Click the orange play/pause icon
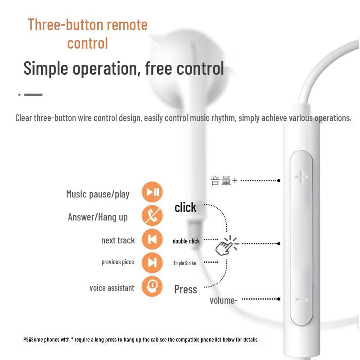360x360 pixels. click(152, 193)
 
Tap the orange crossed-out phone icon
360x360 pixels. click(152, 216)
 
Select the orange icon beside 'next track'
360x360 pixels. click(152, 239)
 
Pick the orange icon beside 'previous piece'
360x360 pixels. click(152, 262)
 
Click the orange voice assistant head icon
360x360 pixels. click(152, 286)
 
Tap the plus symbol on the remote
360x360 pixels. click(301, 176)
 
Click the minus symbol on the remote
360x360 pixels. click(301, 299)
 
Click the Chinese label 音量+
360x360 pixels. click(223, 181)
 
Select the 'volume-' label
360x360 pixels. click(223, 300)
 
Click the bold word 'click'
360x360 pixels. click(185, 207)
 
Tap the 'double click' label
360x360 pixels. click(186, 241)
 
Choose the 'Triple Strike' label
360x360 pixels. click(184, 263)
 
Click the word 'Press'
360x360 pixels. click(185, 289)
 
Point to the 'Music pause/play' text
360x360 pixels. click(98, 194)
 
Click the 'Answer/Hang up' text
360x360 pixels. click(98, 217)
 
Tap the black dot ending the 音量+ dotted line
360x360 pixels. click(279, 180)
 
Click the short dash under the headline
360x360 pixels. click(33, 94)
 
